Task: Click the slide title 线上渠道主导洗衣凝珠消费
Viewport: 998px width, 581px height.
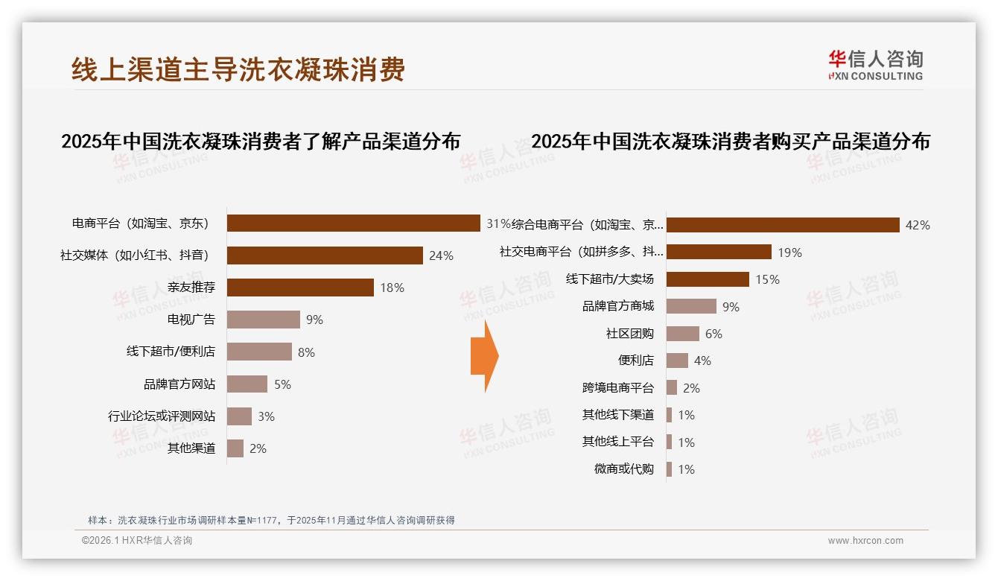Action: tap(238, 69)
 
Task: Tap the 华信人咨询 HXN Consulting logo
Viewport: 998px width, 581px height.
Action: tap(875, 66)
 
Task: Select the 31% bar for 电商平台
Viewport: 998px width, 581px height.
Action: tap(353, 223)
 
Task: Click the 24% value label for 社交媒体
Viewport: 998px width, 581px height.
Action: tap(441, 255)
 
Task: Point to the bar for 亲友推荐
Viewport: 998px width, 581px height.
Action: tap(300, 288)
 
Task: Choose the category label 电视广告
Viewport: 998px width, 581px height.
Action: tap(191, 320)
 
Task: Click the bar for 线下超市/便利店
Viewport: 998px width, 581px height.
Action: tap(259, 352)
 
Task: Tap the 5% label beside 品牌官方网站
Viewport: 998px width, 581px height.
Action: tap(282, 384)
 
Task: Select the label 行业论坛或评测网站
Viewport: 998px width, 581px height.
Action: tap(162, 416)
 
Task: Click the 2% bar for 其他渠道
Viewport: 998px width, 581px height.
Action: tap(235, 448)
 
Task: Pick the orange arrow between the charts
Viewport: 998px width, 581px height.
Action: tap(484, 357)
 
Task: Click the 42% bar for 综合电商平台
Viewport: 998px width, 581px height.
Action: tap(783, 225)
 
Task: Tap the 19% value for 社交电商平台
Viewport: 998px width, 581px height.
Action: tap(789, 253)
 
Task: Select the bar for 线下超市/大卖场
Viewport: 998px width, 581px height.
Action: tap(708, 279)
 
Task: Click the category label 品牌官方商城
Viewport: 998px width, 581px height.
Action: tap(618, 306)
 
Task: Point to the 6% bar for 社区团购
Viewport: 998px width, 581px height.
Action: tap(682, 334)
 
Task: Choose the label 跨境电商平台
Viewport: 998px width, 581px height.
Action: tap(618, 388)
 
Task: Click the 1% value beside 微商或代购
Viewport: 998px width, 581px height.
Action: tap(686, 469)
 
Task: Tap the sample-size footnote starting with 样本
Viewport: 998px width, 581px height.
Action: tap(271, 521)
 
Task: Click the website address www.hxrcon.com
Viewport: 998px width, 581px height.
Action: tap(865, 541)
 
